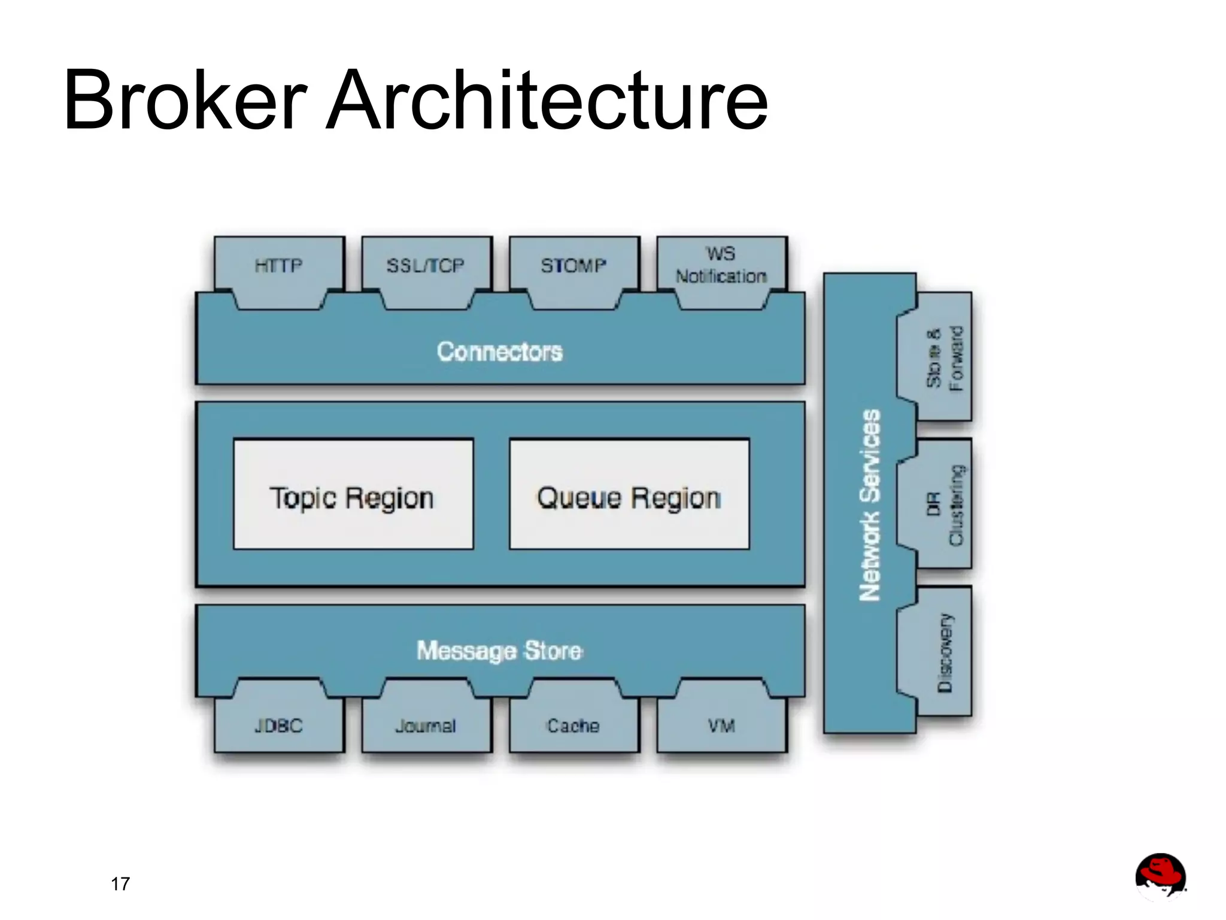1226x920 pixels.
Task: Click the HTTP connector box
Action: [x=279, y=265]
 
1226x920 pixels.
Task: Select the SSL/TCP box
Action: [x=426, y=265]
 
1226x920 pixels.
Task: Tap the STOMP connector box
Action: [x=573, y=265]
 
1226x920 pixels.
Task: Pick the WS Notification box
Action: [x=721, y=265]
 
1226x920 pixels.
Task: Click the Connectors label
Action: [x=500, y=351]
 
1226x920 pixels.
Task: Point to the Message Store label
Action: [x=500, y=651]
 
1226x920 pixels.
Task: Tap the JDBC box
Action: [x=279, y=726]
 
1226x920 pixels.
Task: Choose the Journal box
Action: [x=426, y=726]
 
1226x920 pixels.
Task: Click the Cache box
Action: [x=573, y=726]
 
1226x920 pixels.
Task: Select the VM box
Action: [x=721, y=726]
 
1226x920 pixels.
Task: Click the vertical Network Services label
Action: [x=870, y=505]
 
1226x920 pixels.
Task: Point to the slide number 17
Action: [x=120, y=884]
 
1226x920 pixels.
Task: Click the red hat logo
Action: [x=1160, y=876]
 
